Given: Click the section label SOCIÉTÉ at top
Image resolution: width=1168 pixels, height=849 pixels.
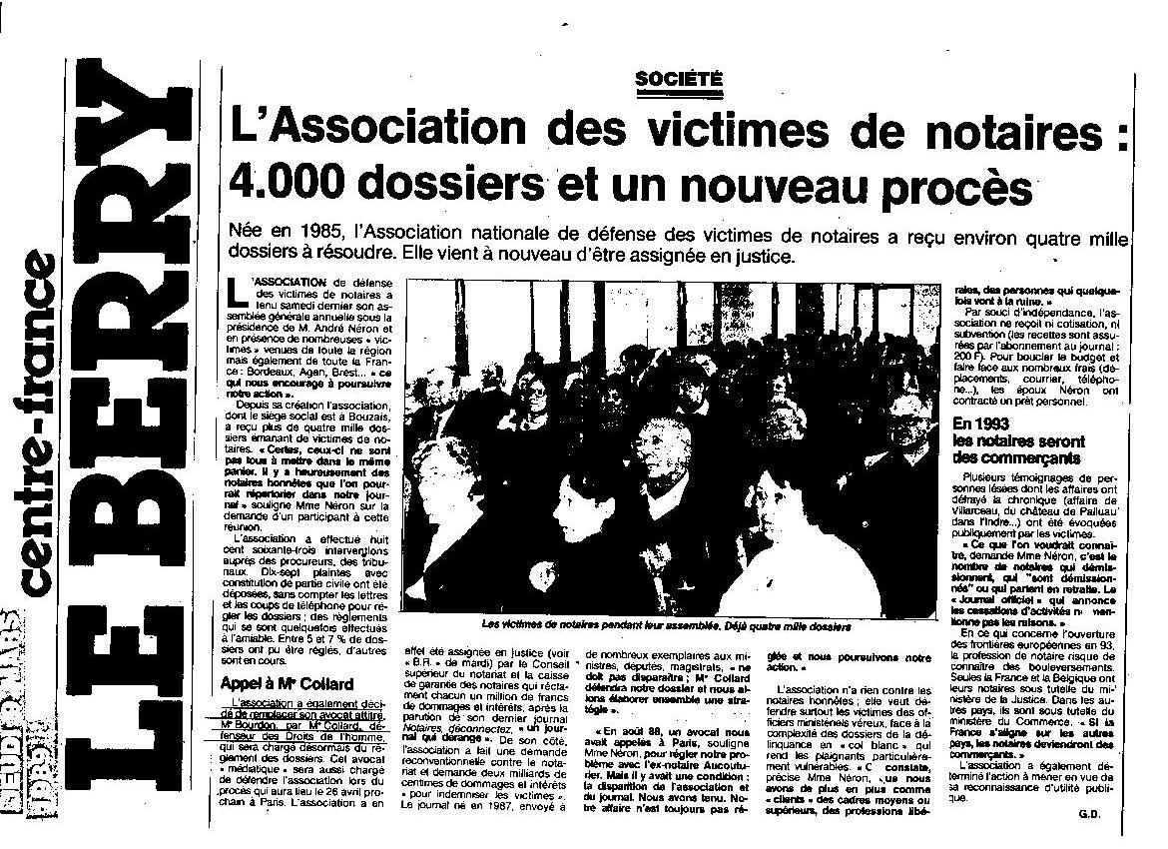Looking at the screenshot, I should pyautogui.click(x=678, y=80).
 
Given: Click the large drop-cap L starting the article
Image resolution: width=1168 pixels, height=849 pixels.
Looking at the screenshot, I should pyautogui.click(x=237, y=295).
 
